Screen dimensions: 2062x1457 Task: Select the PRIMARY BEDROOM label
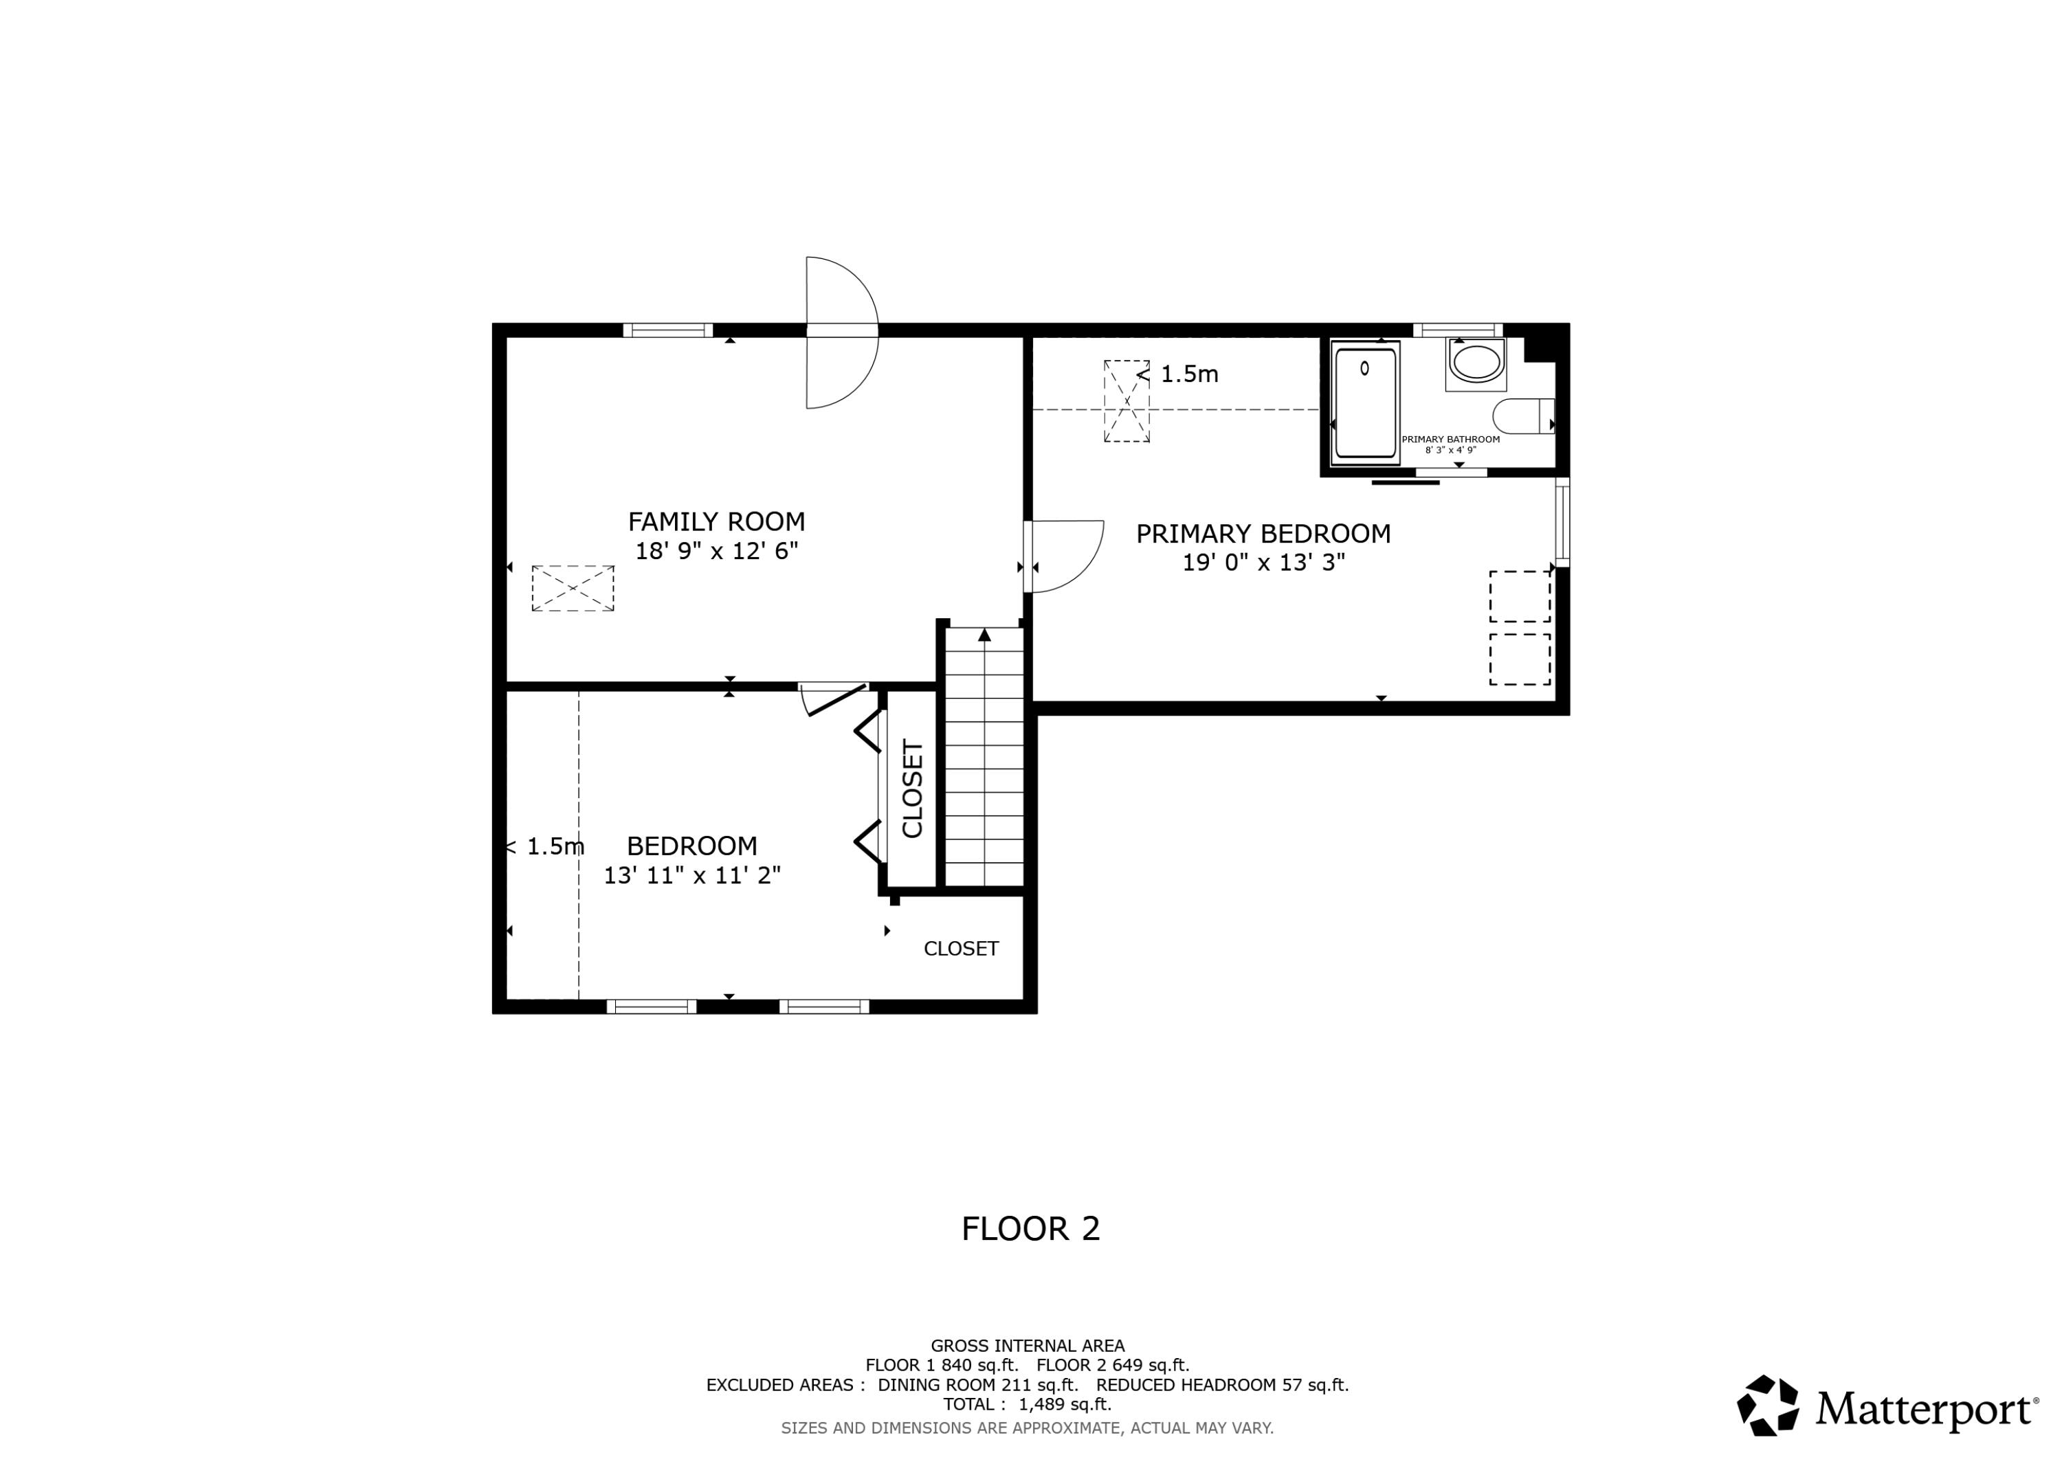click(x=1263, y=534)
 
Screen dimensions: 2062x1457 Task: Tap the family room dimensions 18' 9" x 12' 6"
click(x=717, y=551)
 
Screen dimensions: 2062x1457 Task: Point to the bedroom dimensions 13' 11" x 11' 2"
click(x=691, y=875)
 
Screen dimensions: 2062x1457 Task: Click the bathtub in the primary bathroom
click(x=1365, y=403)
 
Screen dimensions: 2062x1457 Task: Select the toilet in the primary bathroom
click(x=1523, y=416)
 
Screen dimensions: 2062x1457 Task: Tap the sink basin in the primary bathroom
click(x=1476, y=363)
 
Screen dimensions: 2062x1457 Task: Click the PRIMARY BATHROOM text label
click(x=1450, y=440)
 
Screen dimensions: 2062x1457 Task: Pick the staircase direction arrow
click(x=984, y=635)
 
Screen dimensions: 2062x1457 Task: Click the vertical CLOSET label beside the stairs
click(x=913, y=789)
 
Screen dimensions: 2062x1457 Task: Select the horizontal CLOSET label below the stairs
click(x=961, y=949)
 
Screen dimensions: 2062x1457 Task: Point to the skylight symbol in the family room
click(x=573, y=589)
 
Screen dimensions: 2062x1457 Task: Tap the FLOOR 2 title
click(x=1030, y=1229)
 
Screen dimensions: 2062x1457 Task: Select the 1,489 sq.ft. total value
click(x=1065, y=1404)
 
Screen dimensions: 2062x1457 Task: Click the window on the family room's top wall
click(x=667, y=330)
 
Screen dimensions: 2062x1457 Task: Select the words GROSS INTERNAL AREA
click(x=1028, y=1346)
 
